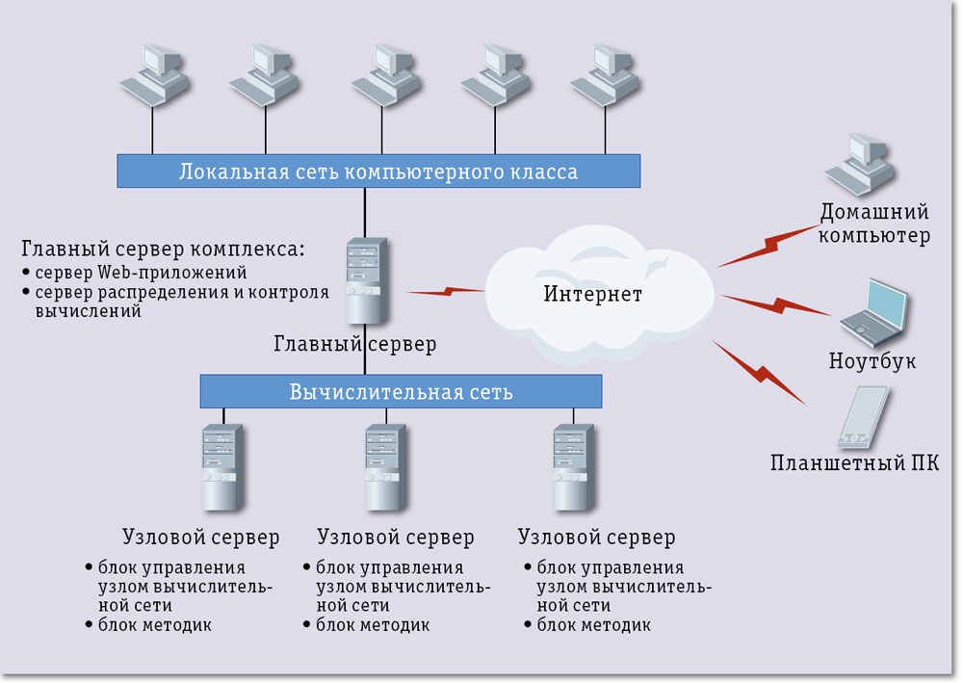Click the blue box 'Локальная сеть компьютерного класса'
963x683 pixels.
[x=377, y=172]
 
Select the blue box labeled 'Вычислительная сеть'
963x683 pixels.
[x=401, y=392]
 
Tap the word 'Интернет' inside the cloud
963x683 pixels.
[x=592, y=294]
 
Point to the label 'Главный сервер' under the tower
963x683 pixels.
[x=355, y=344]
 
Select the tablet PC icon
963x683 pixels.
[x=862, y=417]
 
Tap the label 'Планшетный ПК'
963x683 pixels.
[x=855, y=464]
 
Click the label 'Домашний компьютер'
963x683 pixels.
[x=874, y=223]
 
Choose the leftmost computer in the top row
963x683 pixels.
[x=154, y=75]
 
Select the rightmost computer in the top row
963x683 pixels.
[x=605, y=75]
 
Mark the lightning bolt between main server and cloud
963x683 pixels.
[x=445, y=290]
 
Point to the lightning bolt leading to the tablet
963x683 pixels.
[x=759, y=372]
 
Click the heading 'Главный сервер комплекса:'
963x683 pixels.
[x=163, y=249]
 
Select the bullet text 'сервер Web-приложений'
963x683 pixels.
[x=141, y=273]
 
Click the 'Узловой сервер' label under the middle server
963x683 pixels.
[x=395, y=537]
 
